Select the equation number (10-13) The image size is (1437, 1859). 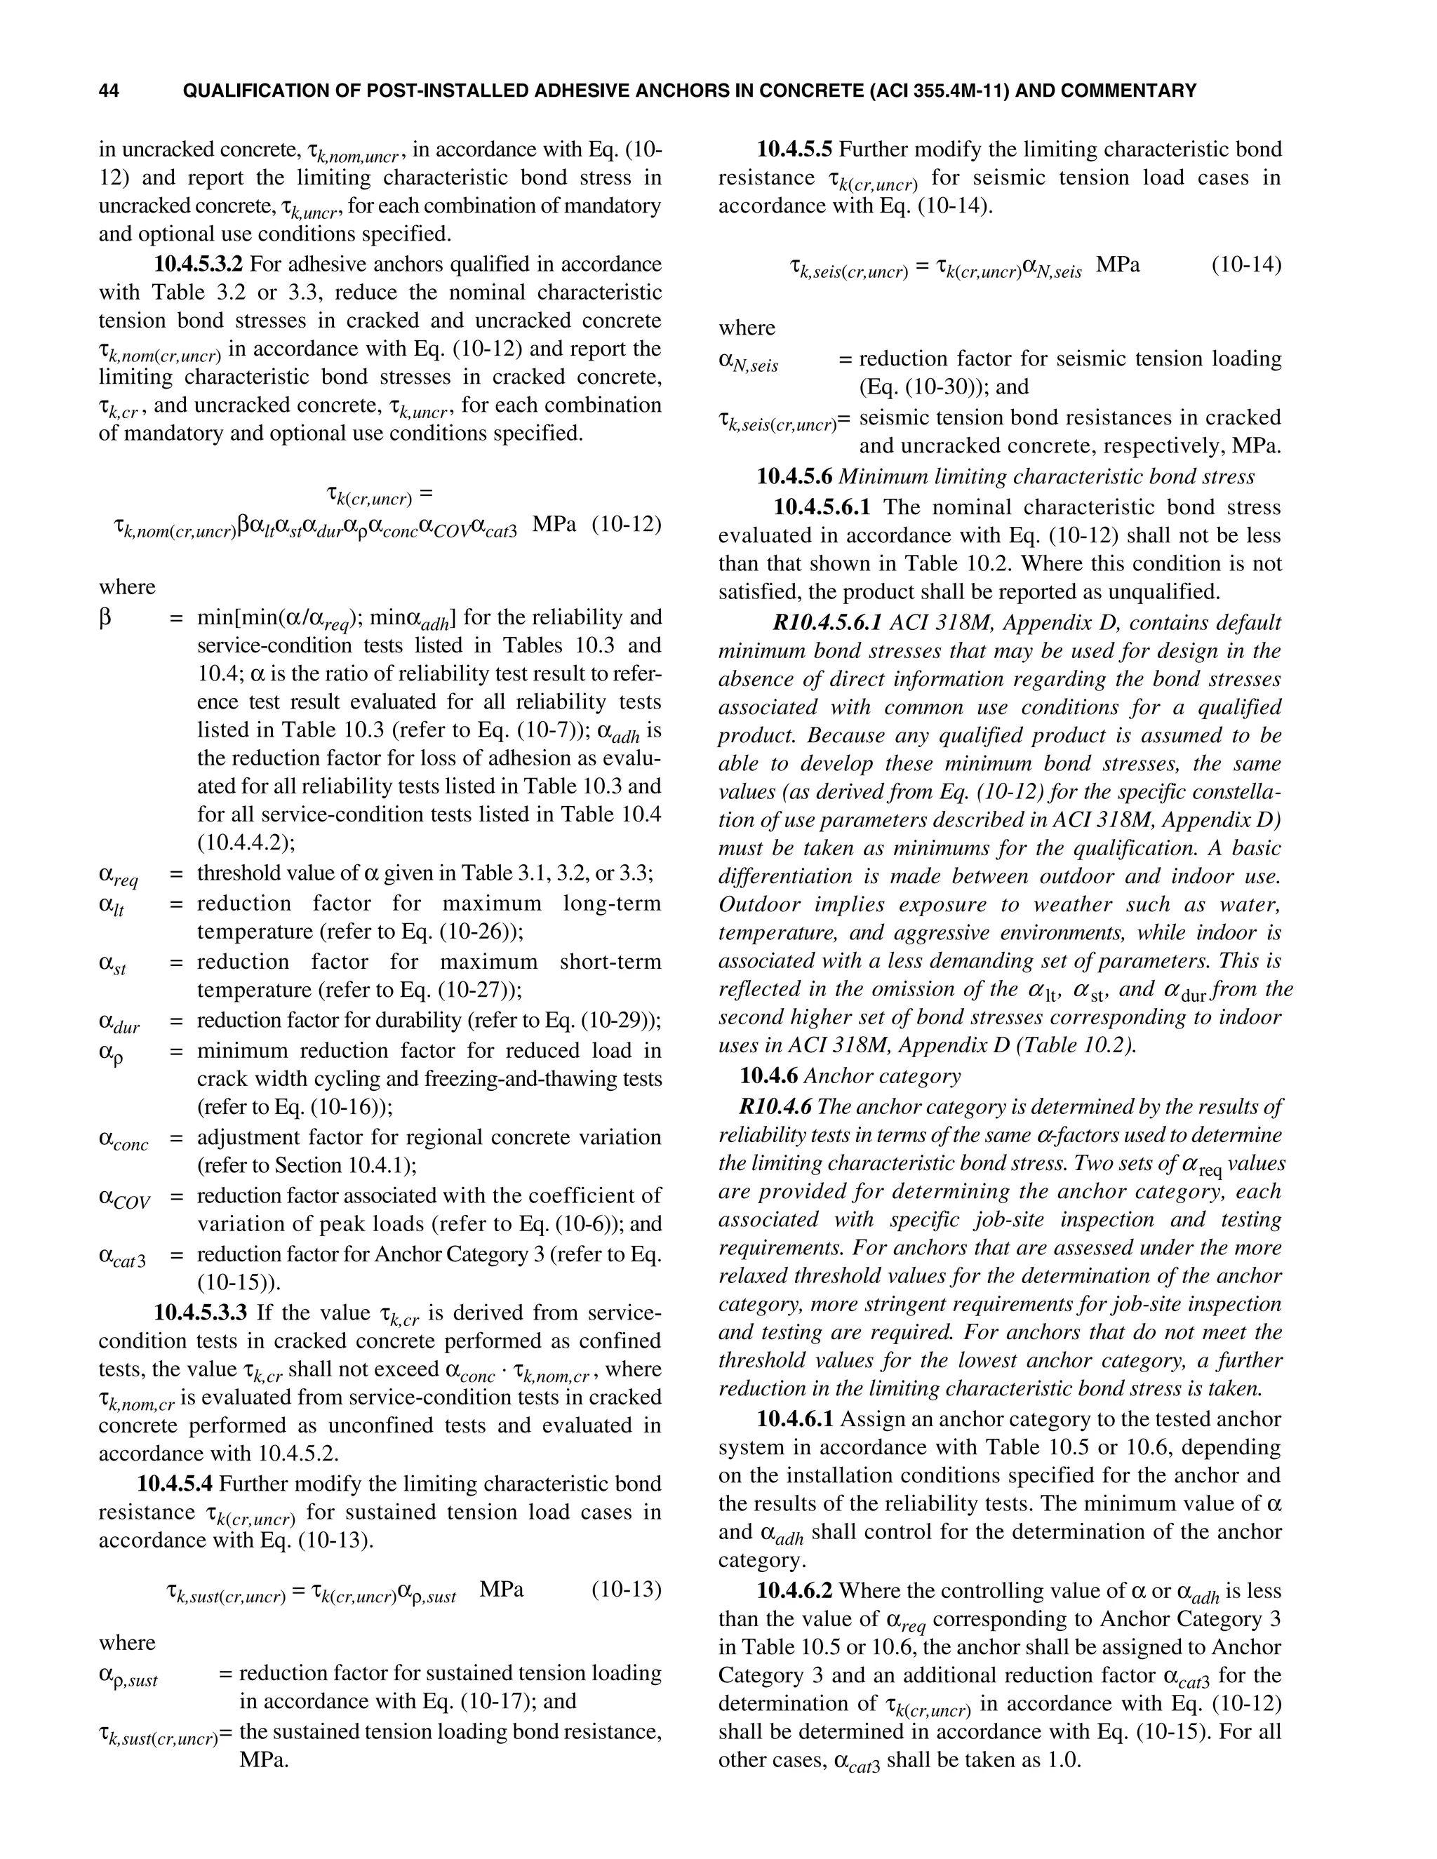pyautogui.click(x=627, y=1589)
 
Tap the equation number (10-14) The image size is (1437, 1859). pyautogui.click(x=1246, y=264)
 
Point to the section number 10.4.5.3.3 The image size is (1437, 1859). pyautogui.click(x=200, y=1313)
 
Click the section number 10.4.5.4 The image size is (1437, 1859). pyautogui.click(x=175, y=1484)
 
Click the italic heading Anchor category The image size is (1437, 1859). pyautogui.click(x=882, y=1076)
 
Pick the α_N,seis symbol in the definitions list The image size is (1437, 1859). pyautogui.click(x=748, y=362)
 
